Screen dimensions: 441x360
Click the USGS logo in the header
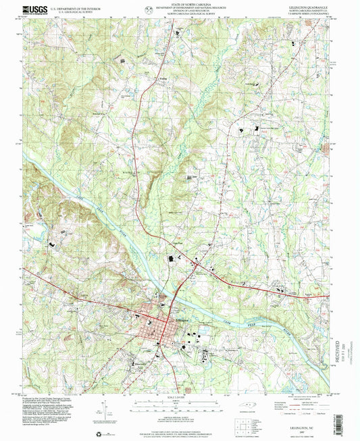pyautogui.click(x=34, y=9)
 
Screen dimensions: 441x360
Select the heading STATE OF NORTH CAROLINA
pyautogui.click(x=180, y=5)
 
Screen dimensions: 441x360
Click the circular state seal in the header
pyautogui.click(x=148, y=9)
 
